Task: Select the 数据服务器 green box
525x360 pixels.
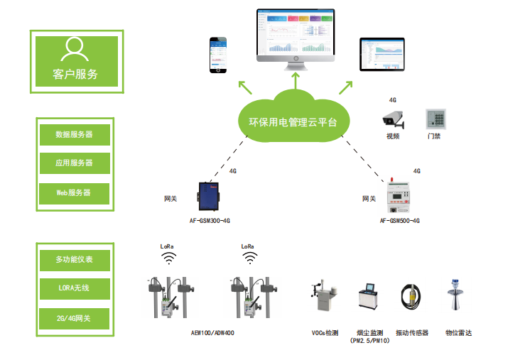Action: coord(75,133)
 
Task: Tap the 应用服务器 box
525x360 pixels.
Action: coord(75,163)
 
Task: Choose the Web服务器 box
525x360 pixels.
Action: coord(75,192)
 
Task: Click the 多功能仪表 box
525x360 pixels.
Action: coord(75,259)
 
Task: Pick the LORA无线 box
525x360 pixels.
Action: coord(75,289)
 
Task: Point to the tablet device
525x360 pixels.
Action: coord(381,55)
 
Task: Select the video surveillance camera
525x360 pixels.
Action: coord(393,118)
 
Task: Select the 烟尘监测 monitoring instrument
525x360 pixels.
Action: coord(369,301)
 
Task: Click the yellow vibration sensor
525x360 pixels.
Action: coord(411,300)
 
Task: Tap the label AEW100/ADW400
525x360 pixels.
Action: coord(212,332)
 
